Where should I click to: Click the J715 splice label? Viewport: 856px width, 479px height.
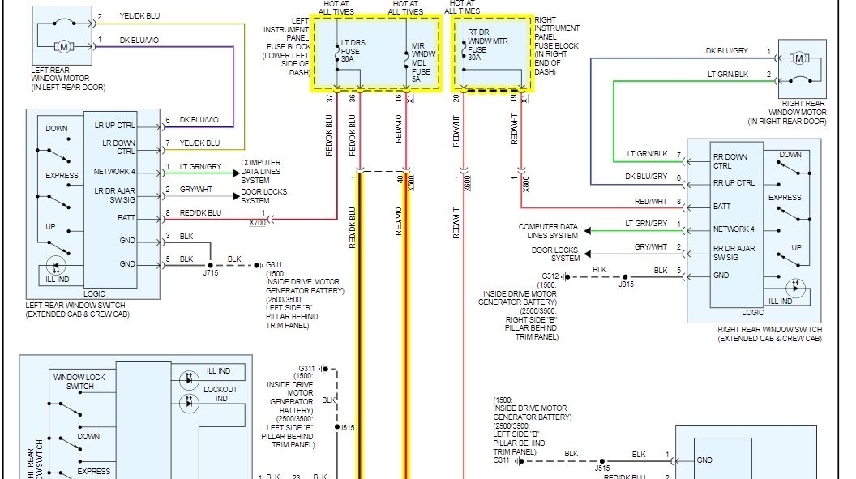coord(210,274)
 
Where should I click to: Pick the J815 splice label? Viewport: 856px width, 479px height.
coord(626,285)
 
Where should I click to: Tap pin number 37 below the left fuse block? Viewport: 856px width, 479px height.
coord(329,98)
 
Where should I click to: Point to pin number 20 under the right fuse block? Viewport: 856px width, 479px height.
coord(456,98)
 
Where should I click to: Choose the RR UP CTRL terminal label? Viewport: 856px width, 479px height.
coord(734,182)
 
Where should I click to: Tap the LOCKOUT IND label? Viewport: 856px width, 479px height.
coord(220,394)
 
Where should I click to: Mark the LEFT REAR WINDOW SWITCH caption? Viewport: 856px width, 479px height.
coord(77,310)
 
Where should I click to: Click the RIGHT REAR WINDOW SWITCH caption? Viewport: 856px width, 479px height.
coord(769,334)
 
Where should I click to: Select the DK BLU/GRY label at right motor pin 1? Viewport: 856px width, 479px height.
coord(727,50)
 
